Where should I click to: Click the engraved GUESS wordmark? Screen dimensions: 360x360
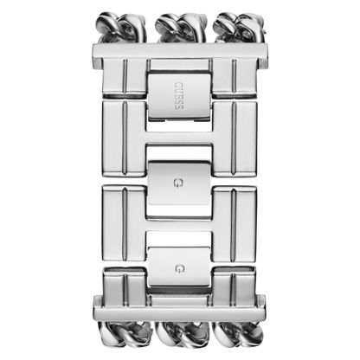179,96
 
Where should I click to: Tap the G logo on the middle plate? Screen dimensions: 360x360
178,183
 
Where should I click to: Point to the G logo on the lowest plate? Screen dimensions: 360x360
179,268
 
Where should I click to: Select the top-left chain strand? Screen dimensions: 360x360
122,28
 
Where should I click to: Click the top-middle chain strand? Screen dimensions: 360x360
181,28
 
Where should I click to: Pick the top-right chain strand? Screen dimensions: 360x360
239,28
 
